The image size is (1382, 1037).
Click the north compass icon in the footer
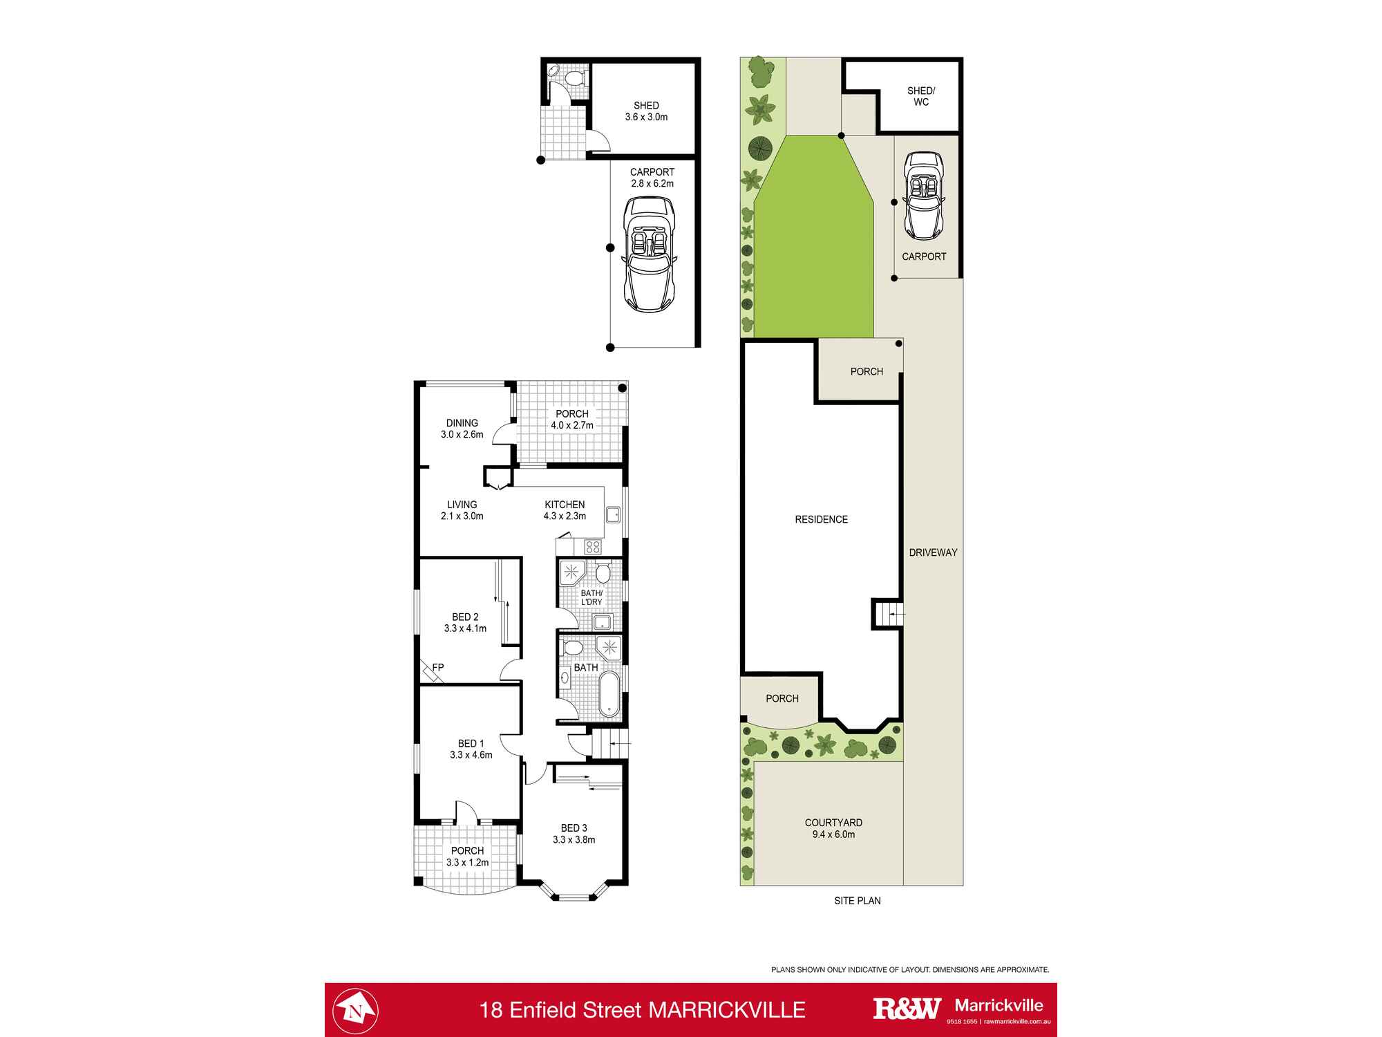(x=355, y=1010)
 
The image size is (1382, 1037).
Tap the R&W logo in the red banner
(x=907, y=1009)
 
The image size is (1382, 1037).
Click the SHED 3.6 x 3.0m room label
(x=646, y=111)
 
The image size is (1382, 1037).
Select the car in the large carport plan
(x=649, y=254)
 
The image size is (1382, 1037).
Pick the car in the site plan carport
(x=925, y=195)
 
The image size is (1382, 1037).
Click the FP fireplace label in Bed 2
(x=438, y=667)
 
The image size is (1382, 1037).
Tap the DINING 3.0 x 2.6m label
(x=462, y=429)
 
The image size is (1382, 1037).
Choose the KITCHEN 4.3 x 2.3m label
(x=565, y=510)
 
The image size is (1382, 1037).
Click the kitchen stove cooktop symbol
(x=593, y=547)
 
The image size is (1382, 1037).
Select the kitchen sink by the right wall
(x=613, y=515)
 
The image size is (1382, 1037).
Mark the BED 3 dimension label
(x=574, y=834)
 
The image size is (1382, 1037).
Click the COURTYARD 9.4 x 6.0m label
(x=833, y=828)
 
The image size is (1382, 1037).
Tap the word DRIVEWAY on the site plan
(x=933, y=552)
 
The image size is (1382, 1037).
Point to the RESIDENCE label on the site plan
(x=821, y=519)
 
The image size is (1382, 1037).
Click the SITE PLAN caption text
(x=857, y=901)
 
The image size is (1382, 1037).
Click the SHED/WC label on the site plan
(x=920, y=96)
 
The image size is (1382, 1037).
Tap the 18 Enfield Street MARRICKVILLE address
(x=643, y=1010)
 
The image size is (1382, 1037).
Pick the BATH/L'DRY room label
(x=591, y=597)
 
